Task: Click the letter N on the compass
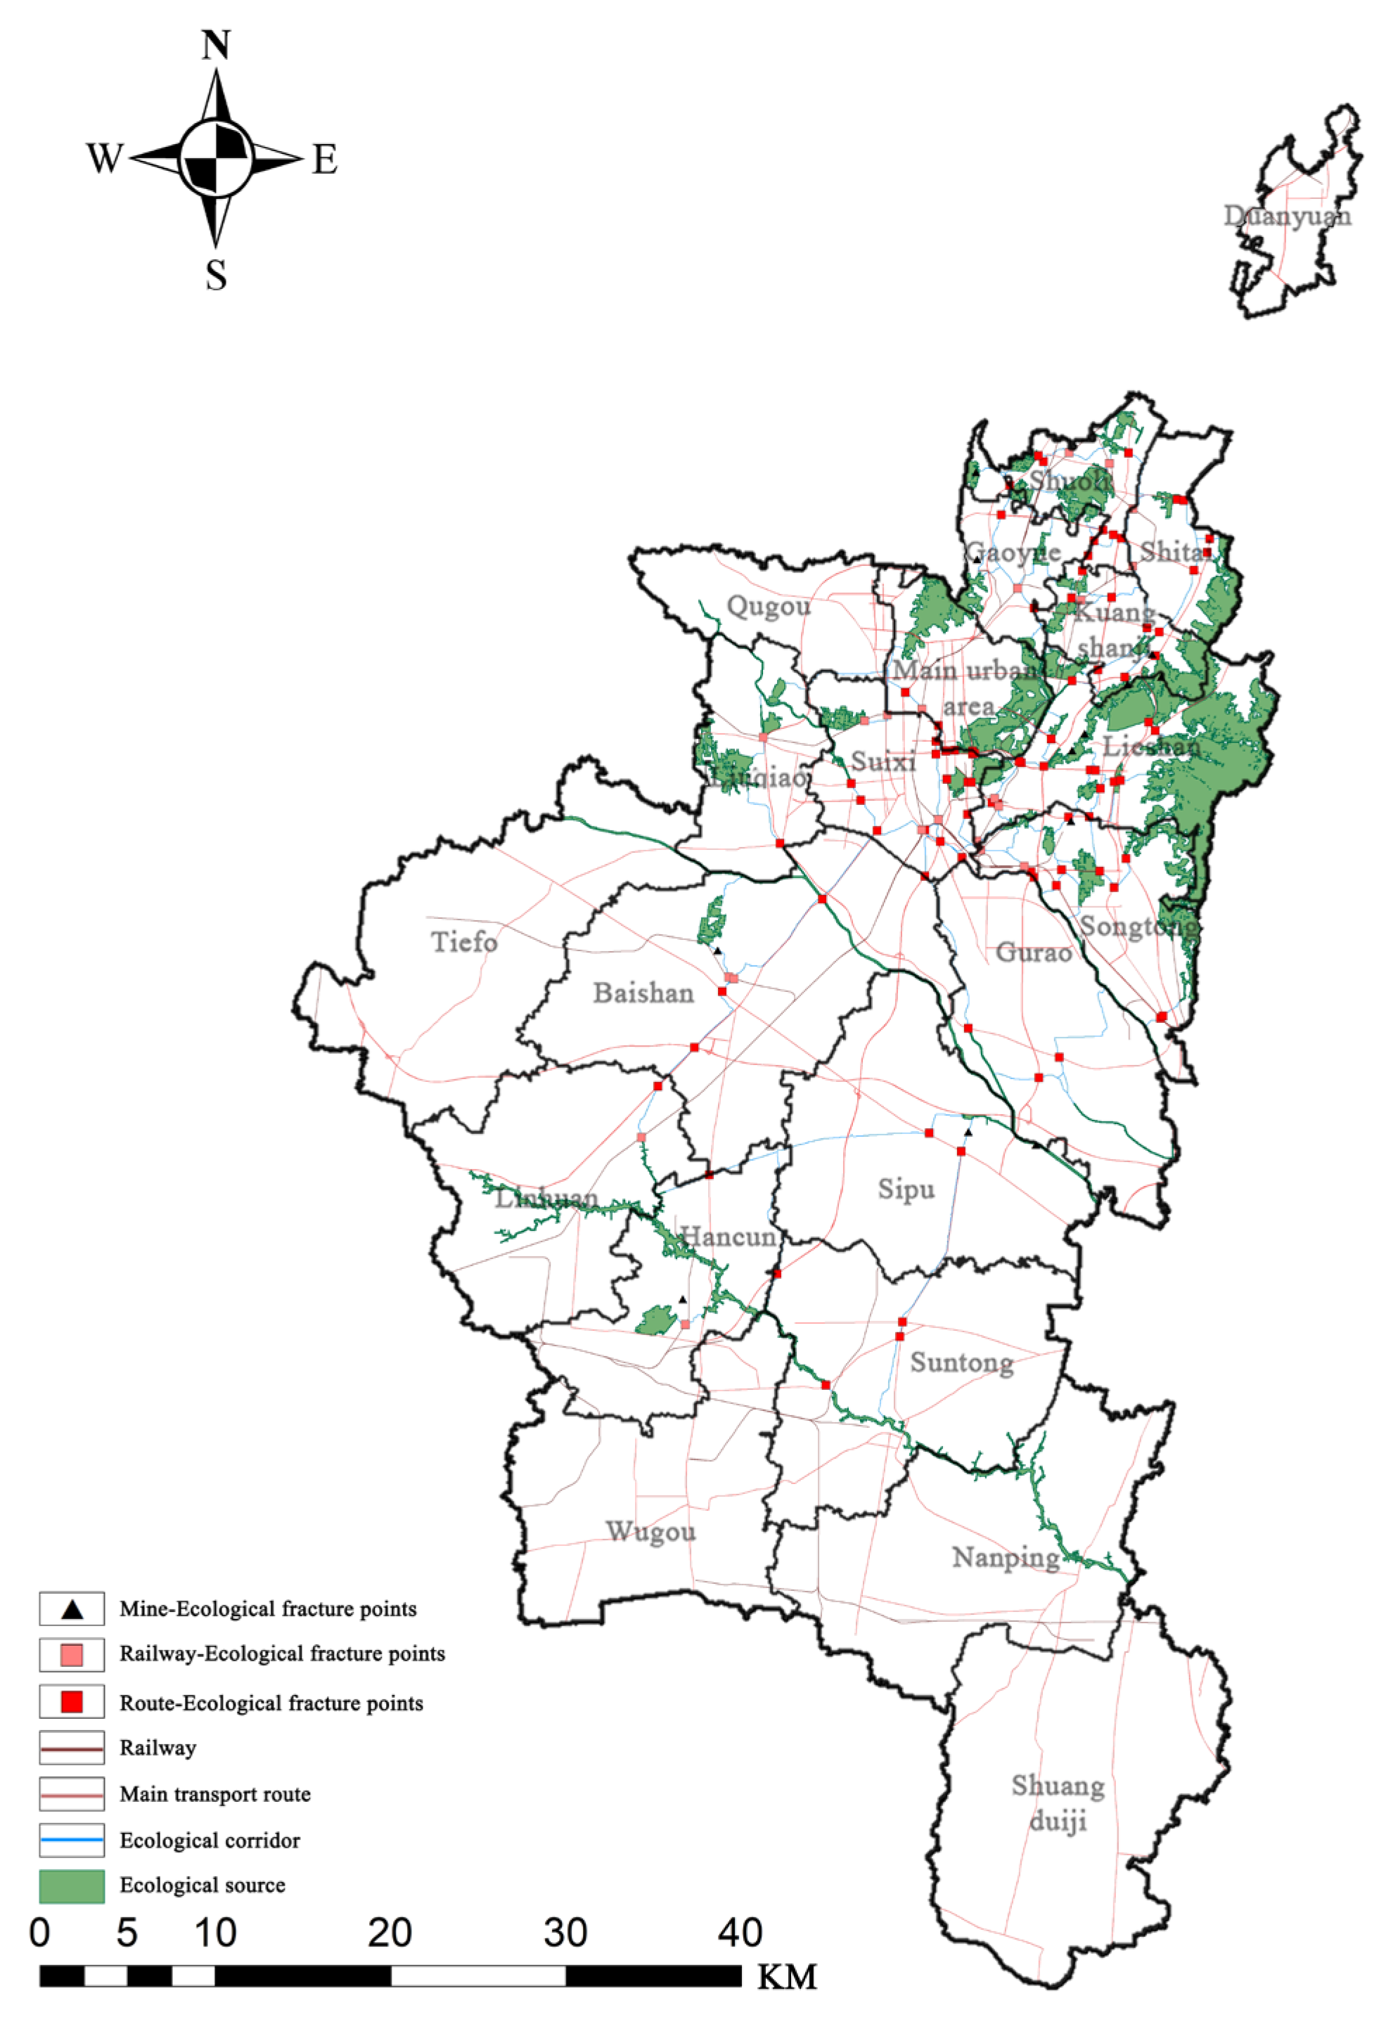point(217,45)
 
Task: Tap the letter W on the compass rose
point(104,159)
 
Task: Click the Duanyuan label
point(1287,215)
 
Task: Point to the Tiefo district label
point(465,941)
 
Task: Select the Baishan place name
point(643,993)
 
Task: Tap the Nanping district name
point(1006,1558)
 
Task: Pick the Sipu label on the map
point(906,1189)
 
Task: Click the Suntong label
point(961,1362)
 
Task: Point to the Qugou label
point(768,605)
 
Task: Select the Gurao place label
point(1034,953)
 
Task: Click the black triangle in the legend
point(72,1609)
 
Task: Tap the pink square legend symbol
point(72,1655)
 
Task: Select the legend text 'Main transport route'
point(214,1794)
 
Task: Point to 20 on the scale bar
point(389,1933)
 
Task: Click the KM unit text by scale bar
point(787,1977)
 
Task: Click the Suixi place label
point(883,761)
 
